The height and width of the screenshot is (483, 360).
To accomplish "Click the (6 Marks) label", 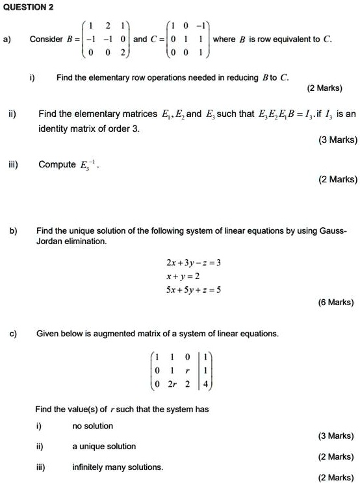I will pos(336,302).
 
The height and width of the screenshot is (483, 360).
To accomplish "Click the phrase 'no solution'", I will pos(92,427).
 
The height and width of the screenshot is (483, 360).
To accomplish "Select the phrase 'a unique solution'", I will pos(104,447).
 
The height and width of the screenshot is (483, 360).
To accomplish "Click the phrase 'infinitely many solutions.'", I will pos(118,467).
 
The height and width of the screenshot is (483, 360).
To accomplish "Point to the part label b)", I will pos(14,230).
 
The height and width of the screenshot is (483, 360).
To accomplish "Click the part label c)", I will pos(14,334).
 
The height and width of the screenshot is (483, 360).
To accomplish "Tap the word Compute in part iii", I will pos(57,165).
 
